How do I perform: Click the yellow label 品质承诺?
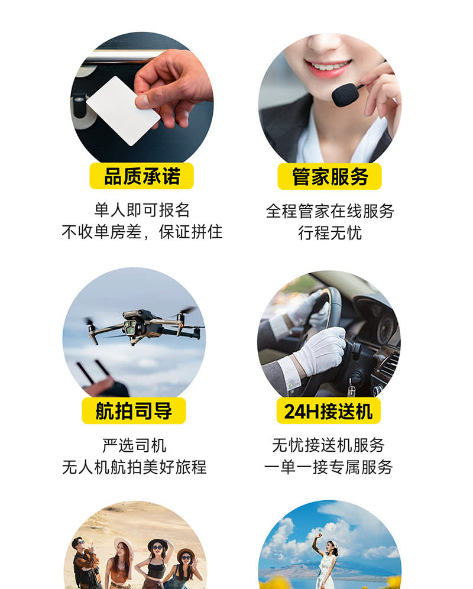coord(142,176)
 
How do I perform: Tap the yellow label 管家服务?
coord(329,177)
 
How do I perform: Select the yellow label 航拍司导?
coord(134,410)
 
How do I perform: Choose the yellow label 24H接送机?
coord(328,410)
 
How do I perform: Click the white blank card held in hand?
coord(122,111)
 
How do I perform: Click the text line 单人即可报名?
coord(142,210)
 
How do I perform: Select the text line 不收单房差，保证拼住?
coord(142,232)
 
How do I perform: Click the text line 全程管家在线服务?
coord(330,211)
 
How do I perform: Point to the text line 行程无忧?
coord(330,233)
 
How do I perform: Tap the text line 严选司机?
coord(134,445)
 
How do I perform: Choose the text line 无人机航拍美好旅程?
coord(134,467)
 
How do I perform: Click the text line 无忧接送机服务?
coord(328,445)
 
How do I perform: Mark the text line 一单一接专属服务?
coord(328,467)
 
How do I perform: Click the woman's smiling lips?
coord(328,67)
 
